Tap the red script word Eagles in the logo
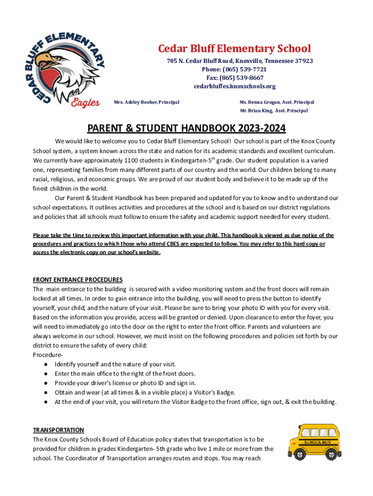[85, 103]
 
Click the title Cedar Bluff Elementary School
[234, 48]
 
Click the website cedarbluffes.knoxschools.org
[234, 86]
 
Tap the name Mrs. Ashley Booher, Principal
[146, 102]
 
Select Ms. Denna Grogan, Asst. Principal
[277, 102]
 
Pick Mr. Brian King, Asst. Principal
[274, 110]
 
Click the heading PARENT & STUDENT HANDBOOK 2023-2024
[186, 128]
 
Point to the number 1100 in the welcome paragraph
[133, 160]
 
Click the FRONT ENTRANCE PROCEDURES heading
[78, 279]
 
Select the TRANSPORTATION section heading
[58, 430]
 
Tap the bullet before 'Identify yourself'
[45, 364]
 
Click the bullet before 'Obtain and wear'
[45, 392]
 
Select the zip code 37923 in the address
[304, 61]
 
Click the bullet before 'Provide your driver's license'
[45, 383]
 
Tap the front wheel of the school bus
[300, 455]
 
